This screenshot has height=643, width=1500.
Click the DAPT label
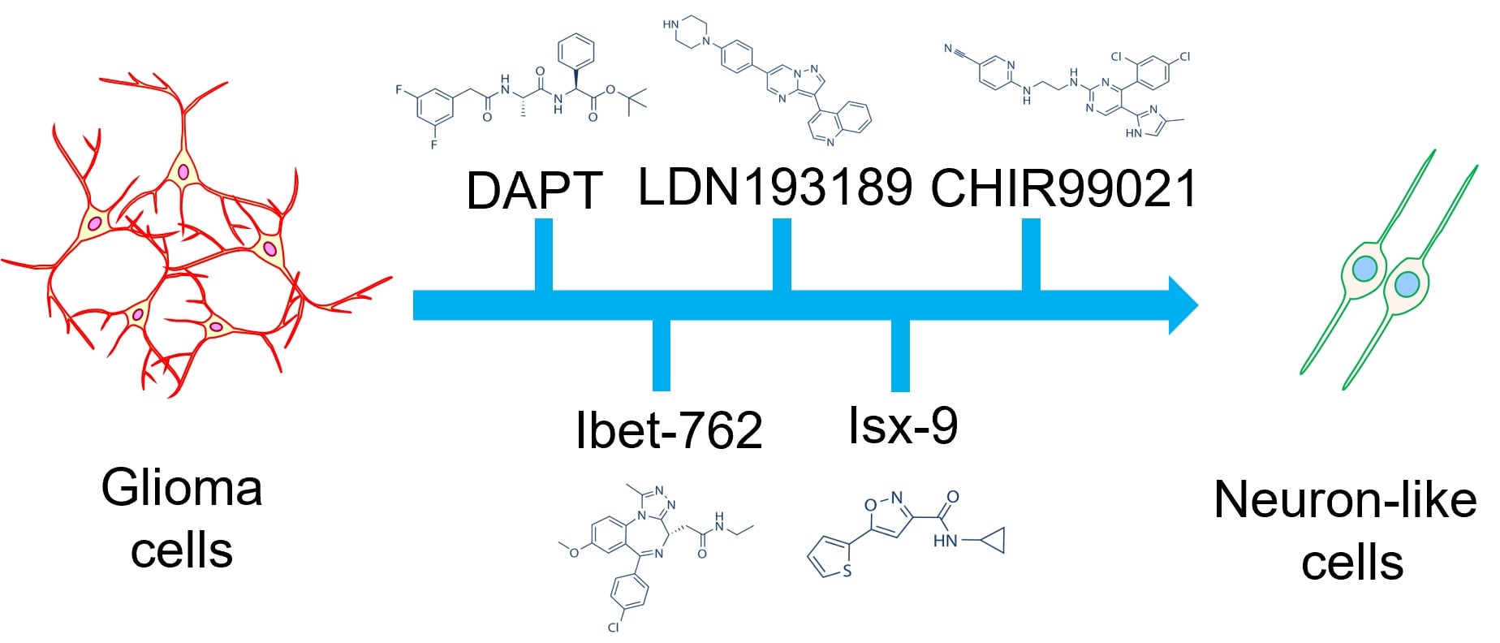coord(533,191)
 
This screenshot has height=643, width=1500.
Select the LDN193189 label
coord(774,187)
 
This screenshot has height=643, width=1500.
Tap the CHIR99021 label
coord(1063,188)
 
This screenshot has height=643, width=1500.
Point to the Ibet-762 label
coord(669,429)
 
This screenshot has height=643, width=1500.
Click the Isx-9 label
coord(903,425)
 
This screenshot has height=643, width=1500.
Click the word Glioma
coord(182,489)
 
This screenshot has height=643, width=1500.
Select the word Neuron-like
coord(1345,499)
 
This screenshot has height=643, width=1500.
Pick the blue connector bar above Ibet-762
coord(662,355)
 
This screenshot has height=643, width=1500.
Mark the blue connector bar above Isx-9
coord(900,356)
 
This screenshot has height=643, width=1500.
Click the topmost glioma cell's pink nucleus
coord(184,172)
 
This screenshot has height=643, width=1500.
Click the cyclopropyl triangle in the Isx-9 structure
coord(994,539)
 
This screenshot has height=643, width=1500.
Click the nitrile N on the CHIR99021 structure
coord(948,50)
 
